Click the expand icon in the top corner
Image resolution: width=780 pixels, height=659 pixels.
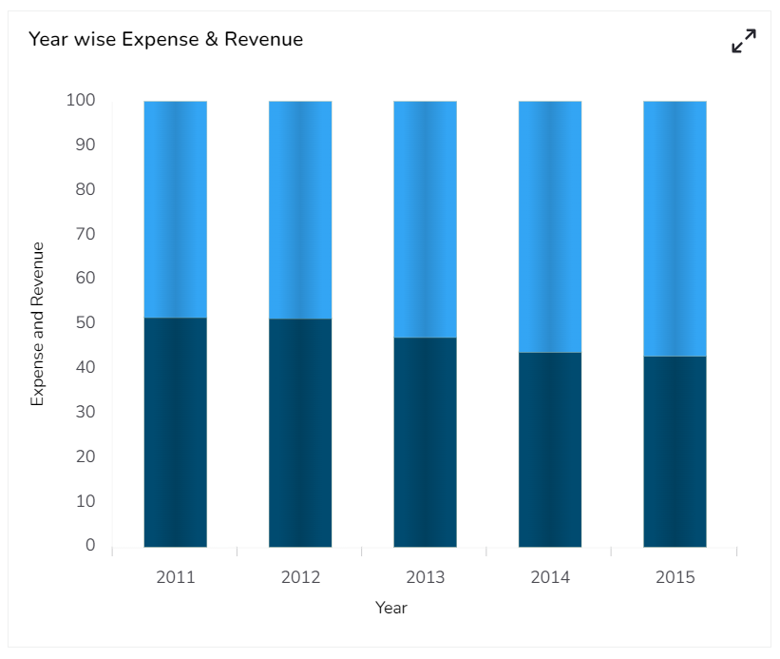tap(744, 41)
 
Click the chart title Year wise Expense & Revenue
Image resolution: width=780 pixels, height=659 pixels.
tap(165, 40)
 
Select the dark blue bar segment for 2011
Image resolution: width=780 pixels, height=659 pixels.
tap(176, 432)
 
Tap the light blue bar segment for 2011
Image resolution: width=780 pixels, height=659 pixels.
tap(176, 209)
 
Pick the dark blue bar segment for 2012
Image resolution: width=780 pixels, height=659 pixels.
tap(300, 433)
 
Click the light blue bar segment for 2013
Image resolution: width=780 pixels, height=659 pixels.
tap(425, 219)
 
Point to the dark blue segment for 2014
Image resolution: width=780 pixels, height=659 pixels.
tap(550, 449)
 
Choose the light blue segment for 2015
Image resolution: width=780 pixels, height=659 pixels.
tap(675, 228)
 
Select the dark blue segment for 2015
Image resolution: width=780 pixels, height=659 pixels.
tap(675, 452)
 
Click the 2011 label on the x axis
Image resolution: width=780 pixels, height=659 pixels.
tap(176, 577)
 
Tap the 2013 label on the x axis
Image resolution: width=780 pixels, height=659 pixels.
tap(425, 577)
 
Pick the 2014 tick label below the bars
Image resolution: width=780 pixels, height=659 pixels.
tap(550, 577)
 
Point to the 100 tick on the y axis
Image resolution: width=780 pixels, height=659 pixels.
tap(81, 100)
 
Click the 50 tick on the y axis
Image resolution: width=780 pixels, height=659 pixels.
tap(86, 322)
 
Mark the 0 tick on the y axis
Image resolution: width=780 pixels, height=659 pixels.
tap(90, 545)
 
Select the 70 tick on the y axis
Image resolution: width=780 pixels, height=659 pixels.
tap(86, 234)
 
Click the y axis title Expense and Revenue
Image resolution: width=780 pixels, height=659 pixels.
tap(38, 324)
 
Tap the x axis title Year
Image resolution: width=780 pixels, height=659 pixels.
tap(390, 608)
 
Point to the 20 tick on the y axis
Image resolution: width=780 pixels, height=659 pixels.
tap(86, 456)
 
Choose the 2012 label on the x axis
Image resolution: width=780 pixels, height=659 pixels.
tap(300, 577)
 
